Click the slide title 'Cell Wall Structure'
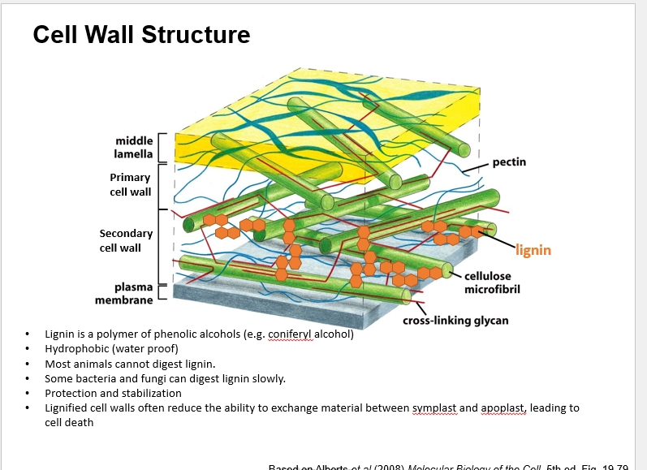(141, 35)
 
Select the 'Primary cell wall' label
(130, 184)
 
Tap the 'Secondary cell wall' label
(126, 240)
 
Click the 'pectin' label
(509, 162)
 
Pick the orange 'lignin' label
(533, 249)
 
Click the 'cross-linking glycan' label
(455, 320)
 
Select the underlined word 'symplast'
(435, 408)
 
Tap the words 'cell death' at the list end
(68, 423)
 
